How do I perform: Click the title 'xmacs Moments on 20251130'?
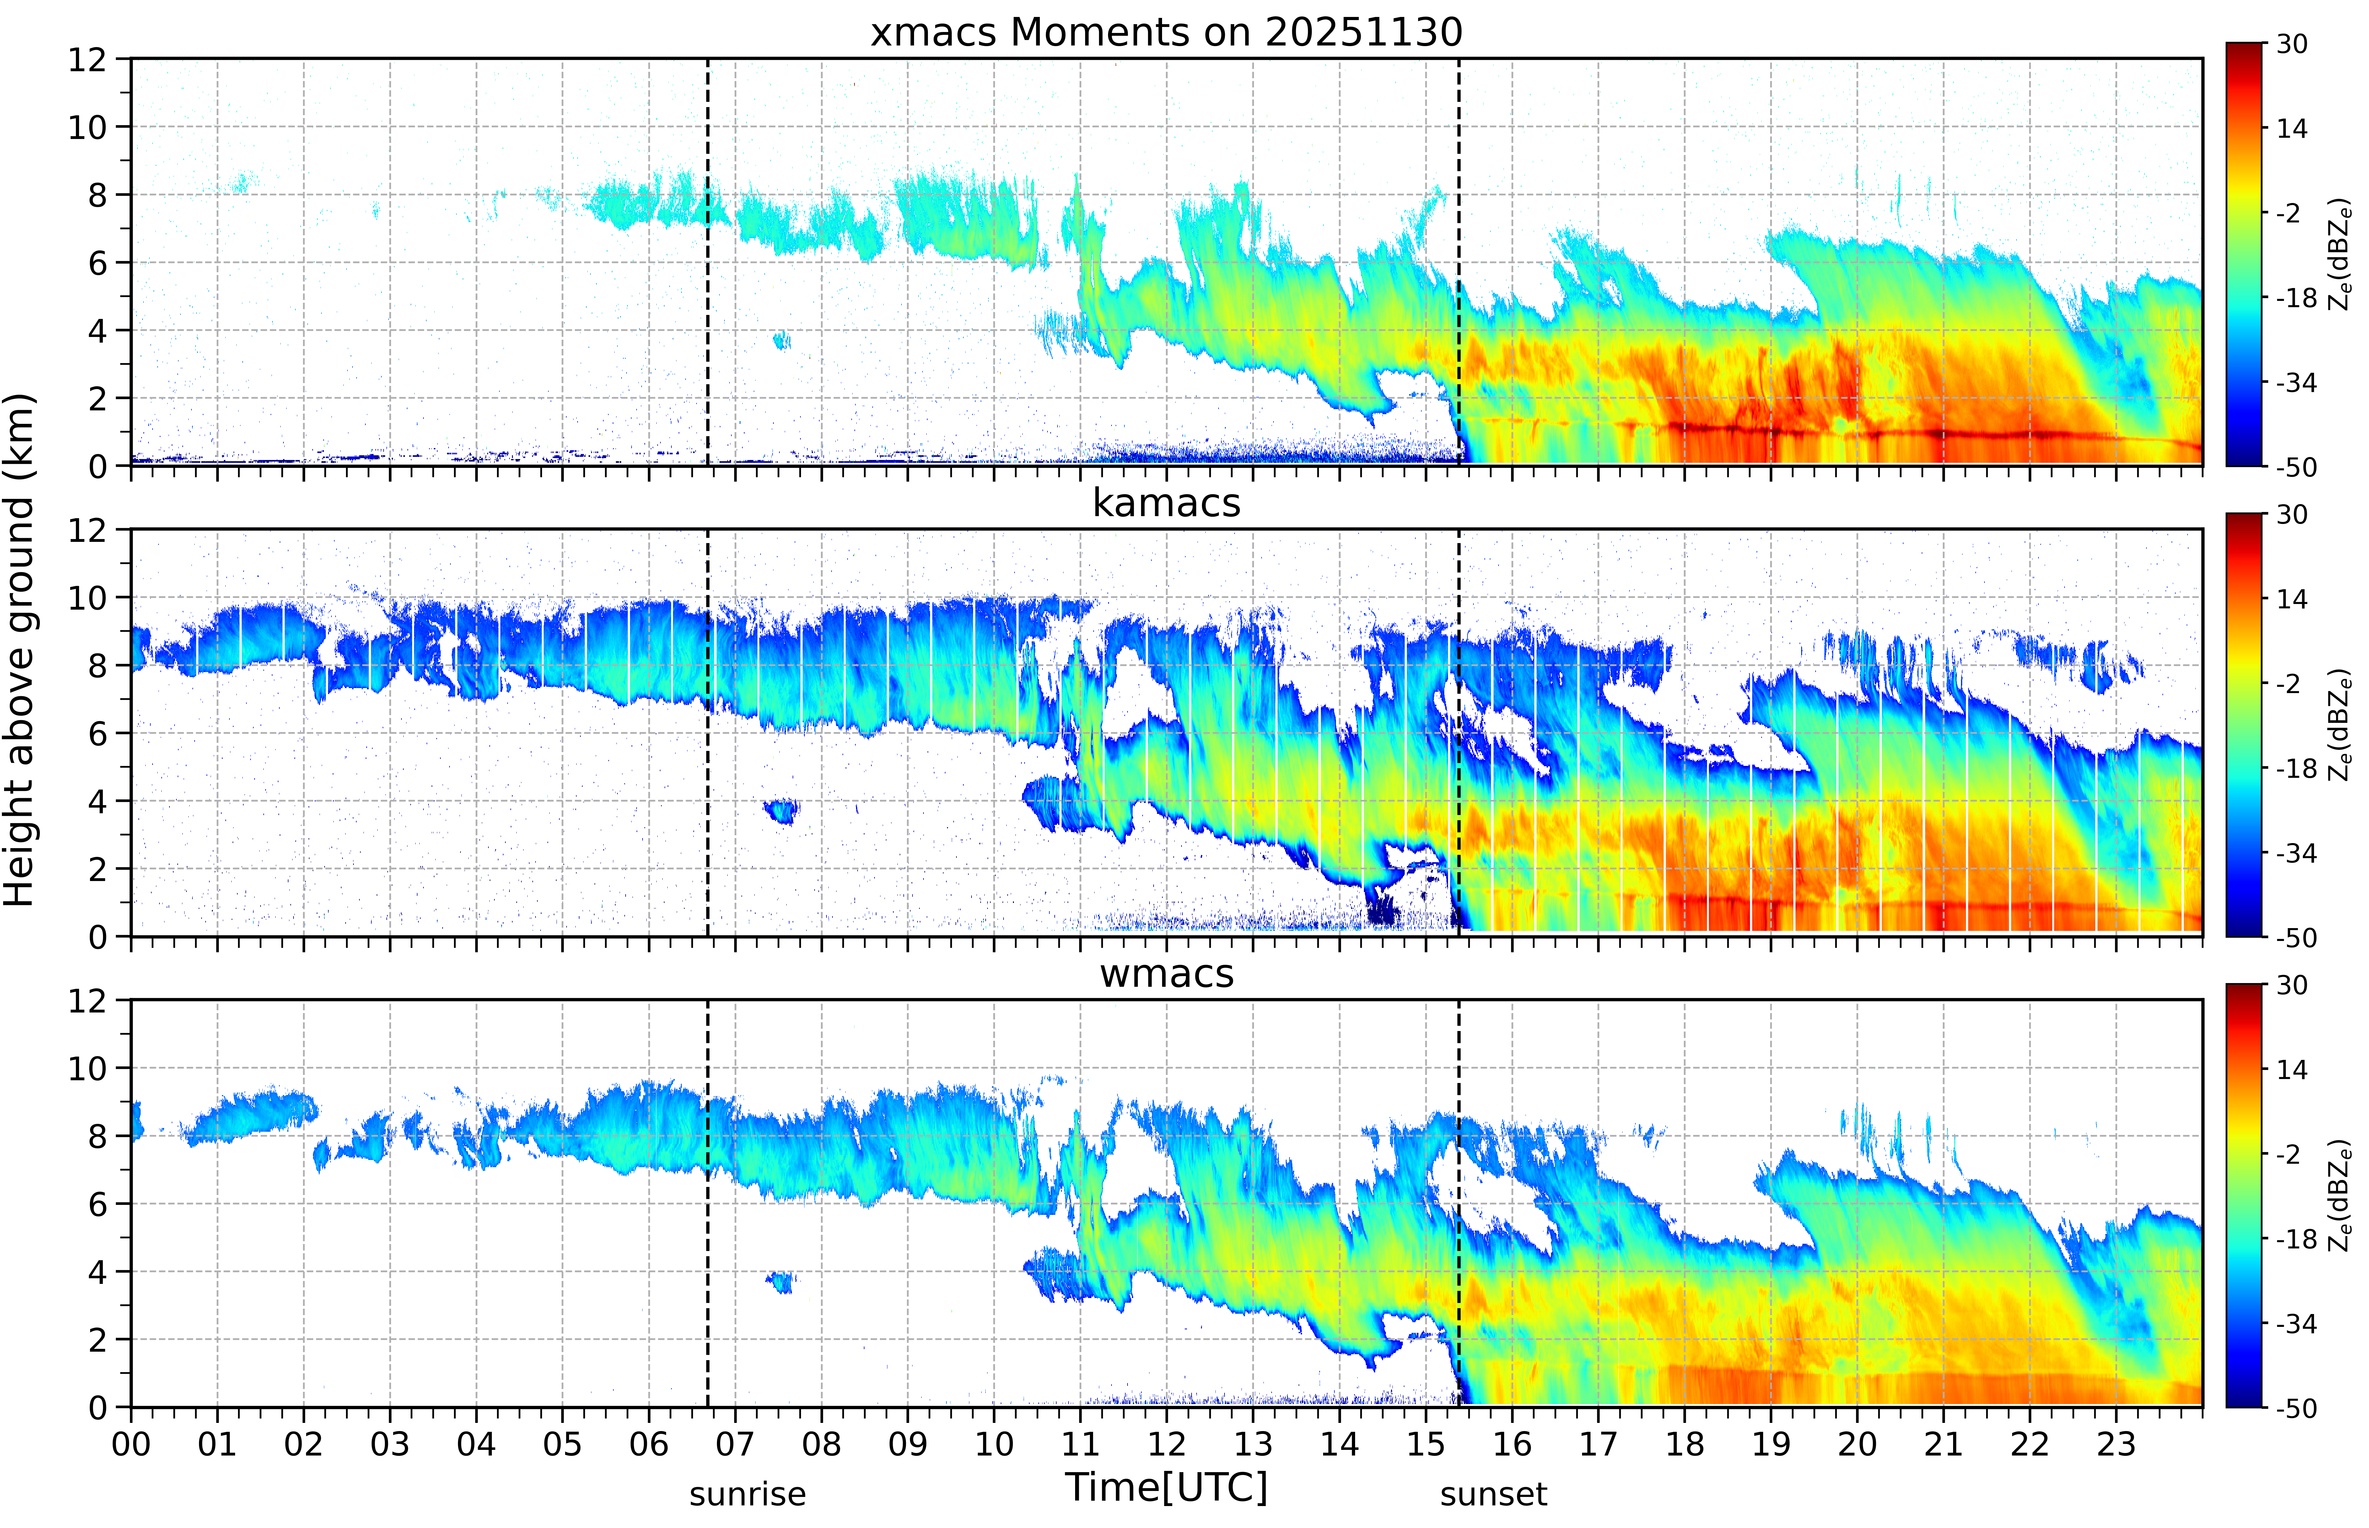click(1166, 33)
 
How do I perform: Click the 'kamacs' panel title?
click(1166, 503)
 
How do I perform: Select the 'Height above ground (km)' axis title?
click(20, 650)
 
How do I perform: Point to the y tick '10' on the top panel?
click(87, 127)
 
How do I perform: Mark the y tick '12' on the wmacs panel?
click(87, 1000)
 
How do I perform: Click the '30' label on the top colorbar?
click(2291, 45)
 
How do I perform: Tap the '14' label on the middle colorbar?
click(2291, 599)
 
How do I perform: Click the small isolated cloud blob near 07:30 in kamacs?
click(782, 811)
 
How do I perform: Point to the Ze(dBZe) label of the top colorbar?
click(2339, 254)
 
